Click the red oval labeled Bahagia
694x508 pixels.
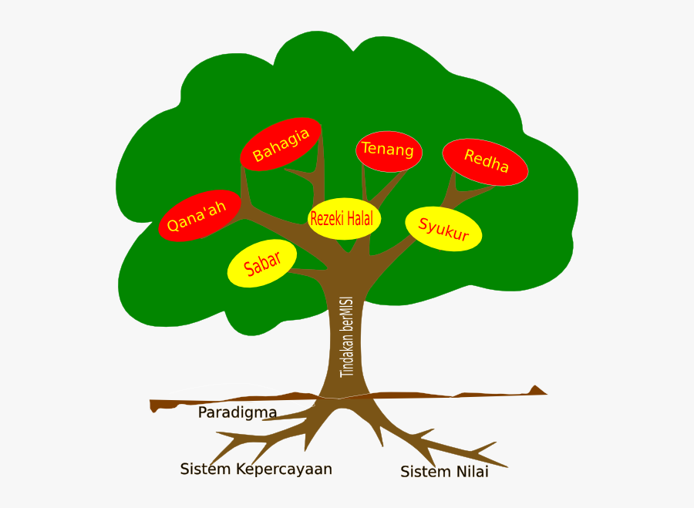point(281,144)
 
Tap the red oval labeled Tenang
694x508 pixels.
point(389,150)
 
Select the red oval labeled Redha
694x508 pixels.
point(485,163)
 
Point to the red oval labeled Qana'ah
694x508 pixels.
point(200,216)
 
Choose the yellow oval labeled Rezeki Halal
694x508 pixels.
point(342,218)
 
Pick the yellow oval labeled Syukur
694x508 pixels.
point(443,229)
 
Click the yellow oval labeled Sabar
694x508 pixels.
point(262,264)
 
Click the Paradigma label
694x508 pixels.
point(237,412)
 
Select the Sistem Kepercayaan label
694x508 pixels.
point(256,469)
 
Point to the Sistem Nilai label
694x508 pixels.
point(444,472)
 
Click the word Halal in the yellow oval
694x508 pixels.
point(359,218)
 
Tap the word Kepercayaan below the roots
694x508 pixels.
point(284,469)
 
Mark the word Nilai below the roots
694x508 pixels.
point(472,472)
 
